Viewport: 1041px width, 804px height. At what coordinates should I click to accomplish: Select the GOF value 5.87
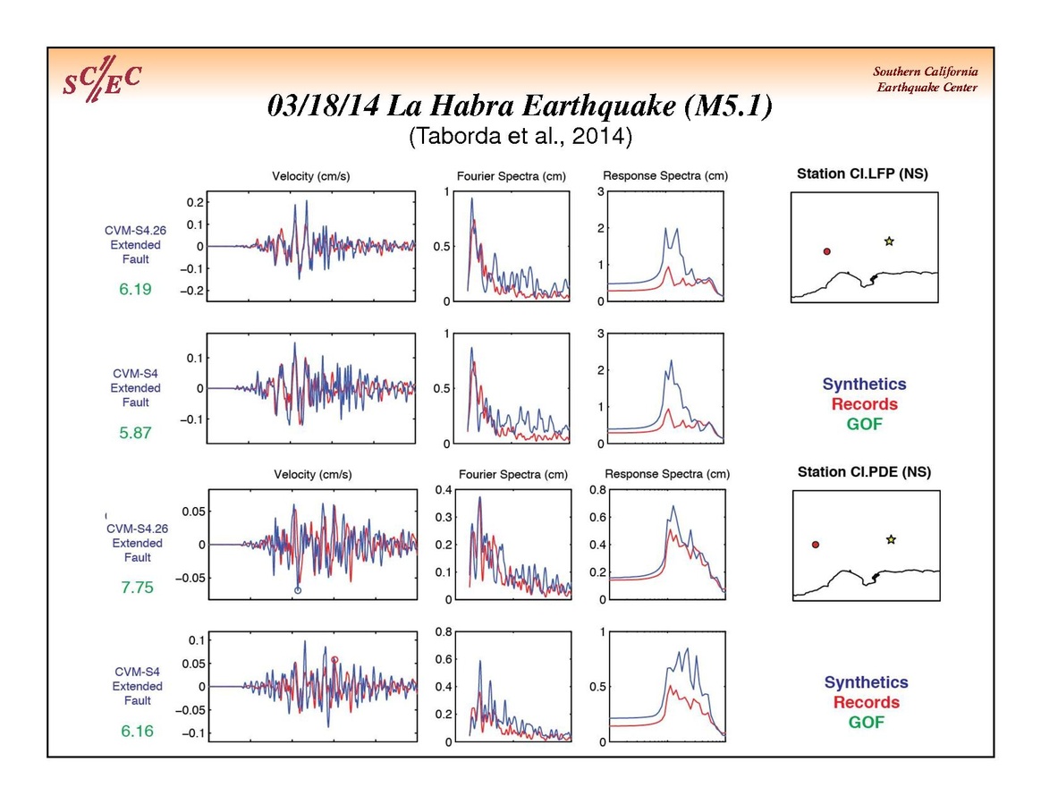pos(136,433)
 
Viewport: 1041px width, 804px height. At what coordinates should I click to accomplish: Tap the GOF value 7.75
pos(137,588)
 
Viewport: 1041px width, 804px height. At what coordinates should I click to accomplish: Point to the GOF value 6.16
pos(137,731)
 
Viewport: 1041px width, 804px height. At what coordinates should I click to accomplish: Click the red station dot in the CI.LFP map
pos(827,252)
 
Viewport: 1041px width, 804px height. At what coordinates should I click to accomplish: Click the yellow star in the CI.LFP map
pos(889,241)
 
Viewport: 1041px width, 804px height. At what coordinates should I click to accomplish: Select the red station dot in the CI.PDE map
pos(816,545)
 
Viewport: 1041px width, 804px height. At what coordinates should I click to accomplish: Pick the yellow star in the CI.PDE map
pos(891,539)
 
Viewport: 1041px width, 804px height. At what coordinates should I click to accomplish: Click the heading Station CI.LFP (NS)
pos(862,174)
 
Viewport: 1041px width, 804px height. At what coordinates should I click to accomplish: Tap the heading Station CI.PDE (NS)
pos(864,472)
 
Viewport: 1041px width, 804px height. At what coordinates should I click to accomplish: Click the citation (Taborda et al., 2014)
pos(520,137)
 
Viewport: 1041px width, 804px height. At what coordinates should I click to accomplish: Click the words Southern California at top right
pos(926,72)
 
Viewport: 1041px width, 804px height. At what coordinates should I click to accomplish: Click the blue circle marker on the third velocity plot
pos(298,590)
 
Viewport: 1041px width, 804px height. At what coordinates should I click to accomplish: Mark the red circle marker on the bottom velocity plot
pos(334,660)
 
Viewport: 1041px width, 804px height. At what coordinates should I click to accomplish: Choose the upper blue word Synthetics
pos(864,385)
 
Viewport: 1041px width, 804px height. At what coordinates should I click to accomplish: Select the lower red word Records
pos(866,702)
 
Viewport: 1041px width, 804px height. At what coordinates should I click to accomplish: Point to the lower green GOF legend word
pos(866,722)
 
